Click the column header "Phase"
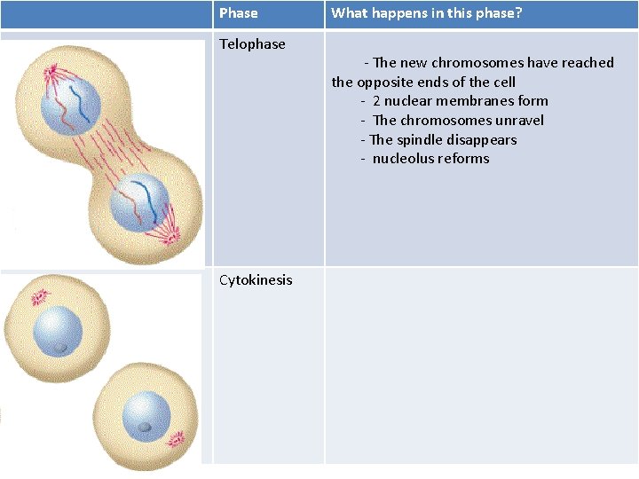click(x=238, y=13)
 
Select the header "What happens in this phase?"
click(x=427, y=13)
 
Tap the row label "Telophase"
click(x=252, y=44)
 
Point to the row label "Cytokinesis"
click(x=256, y=280)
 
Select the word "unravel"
click(x=517, y=121)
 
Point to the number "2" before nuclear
click(x=376, y=101)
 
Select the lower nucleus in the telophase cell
click(x=138, y=202)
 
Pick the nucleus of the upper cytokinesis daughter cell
click(x=58, y=331)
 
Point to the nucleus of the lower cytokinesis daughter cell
click(x=146, y=416)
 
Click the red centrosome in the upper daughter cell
click(x=40, y=297)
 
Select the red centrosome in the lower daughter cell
click(x=175, y=437)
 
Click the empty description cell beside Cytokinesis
click(x=481, y=364)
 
